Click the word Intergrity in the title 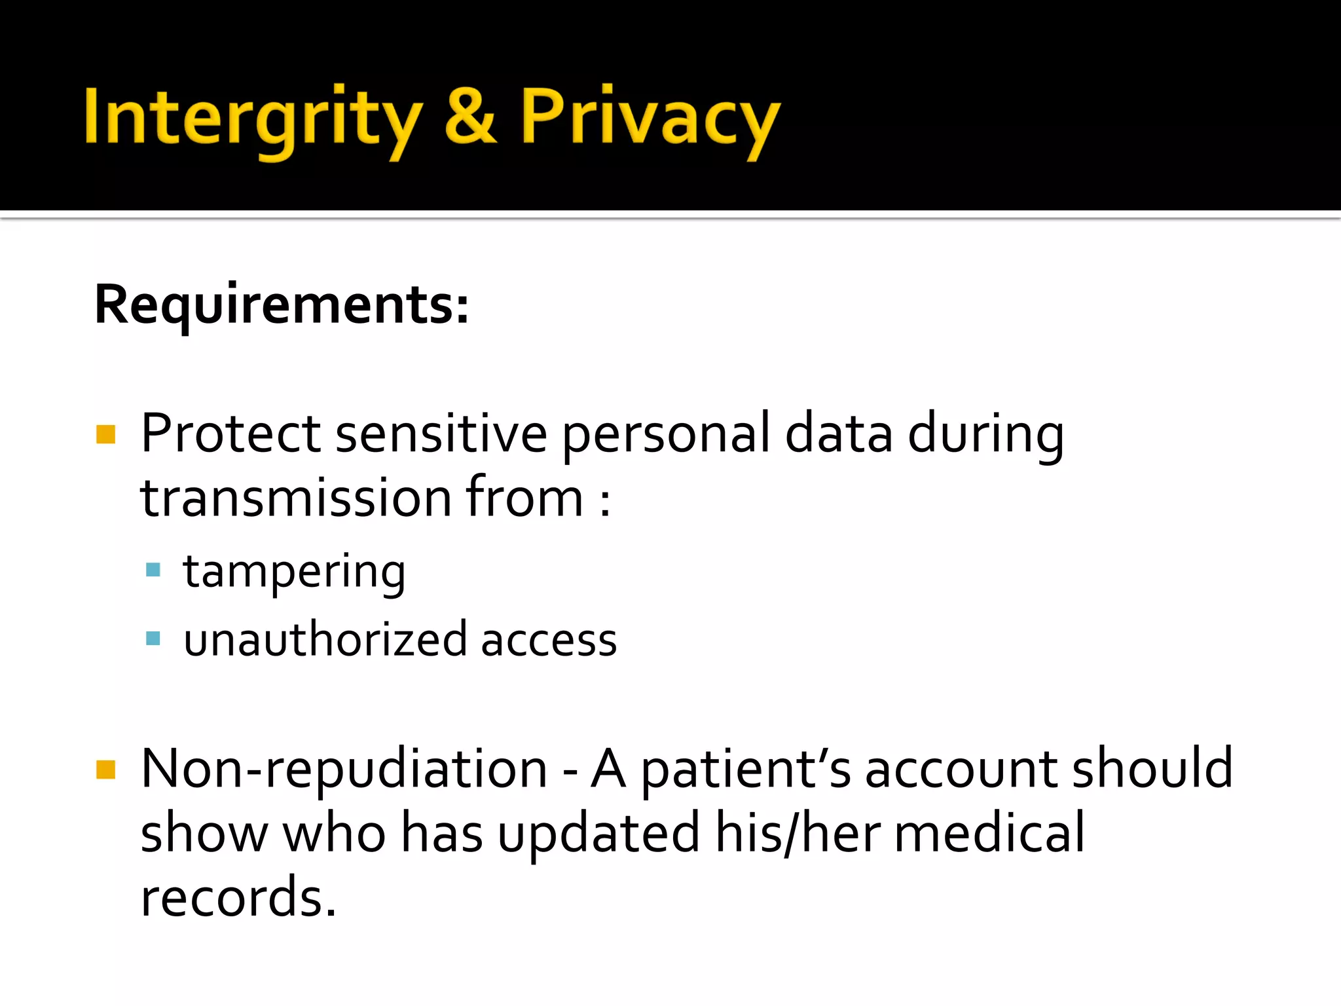click(x=253, y=118)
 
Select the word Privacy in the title click(x=650, y=118)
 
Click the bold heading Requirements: click(x=282, y=305)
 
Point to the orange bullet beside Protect click(x=105, y=434)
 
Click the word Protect click(x=230, y=434)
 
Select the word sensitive click(x=441, y=434)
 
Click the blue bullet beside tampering click(x=153, y=570)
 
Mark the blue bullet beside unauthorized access click(x=153, y=638)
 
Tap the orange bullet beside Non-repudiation click(x=105, y=770)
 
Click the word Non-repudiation click(x=344, y=769)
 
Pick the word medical click(x=989, y=833)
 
